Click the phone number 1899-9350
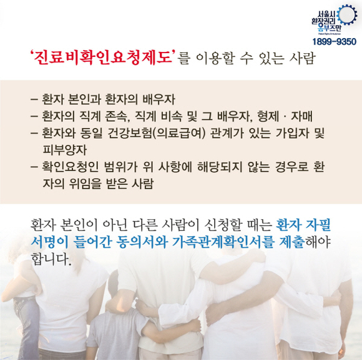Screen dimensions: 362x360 pyautogui.click(x=335, y=42)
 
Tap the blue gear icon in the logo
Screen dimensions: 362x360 pyautogui.click(x=346, y=14)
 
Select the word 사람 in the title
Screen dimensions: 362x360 pyautogui.click(x=302, y=58)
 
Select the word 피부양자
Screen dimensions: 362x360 pyautogui.click(x=65, y=150)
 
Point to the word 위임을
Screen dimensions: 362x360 pyautogui.click(x=85, y=184)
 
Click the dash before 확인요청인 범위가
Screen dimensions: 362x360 pyautogui.click(x=34, y=167)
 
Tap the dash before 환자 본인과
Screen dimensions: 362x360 pyautogui.click(x=34, y=100)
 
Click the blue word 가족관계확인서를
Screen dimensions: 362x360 pyautogui.click(x=223, y=242)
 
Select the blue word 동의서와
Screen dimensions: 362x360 pyautogui.click(x=141, y=242)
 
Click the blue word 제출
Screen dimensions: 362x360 pyautogui.click(x=291, y=242)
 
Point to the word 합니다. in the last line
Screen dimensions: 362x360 pyautogui.click(x=51, y=259)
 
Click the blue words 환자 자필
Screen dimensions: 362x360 pyautogui.click(x=303, y=225)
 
